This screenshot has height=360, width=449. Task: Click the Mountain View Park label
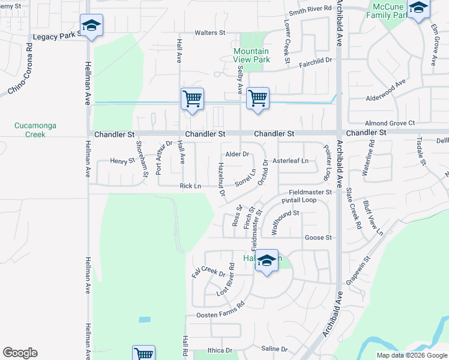click(x=252, y=55)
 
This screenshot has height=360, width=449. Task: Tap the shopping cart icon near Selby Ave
click(x=258, y=98)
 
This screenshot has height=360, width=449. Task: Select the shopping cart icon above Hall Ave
click(x=193, y=98)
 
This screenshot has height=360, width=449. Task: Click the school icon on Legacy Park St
click(x=91, y=25)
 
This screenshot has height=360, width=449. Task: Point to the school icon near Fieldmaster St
click(x=267, y=260)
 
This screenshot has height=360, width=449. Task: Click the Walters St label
click(x=209, y=33)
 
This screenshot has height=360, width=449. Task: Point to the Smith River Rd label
click(x=310, y=9)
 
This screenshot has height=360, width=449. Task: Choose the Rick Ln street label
click(x=190, y=187)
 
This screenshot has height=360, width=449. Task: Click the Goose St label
click(x=318, y=238)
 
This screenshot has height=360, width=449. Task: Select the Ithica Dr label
click(x=220, y=350)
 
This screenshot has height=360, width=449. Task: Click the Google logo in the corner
click(x=20, y=353)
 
